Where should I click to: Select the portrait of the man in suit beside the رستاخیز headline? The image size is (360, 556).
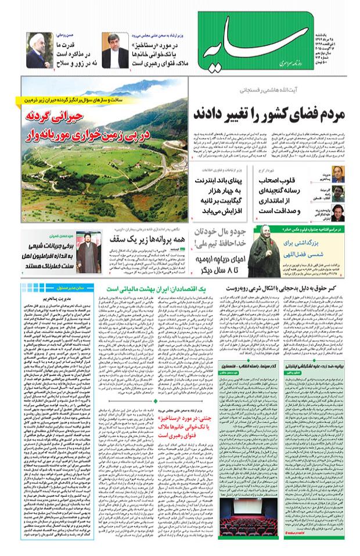coord(111,49)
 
